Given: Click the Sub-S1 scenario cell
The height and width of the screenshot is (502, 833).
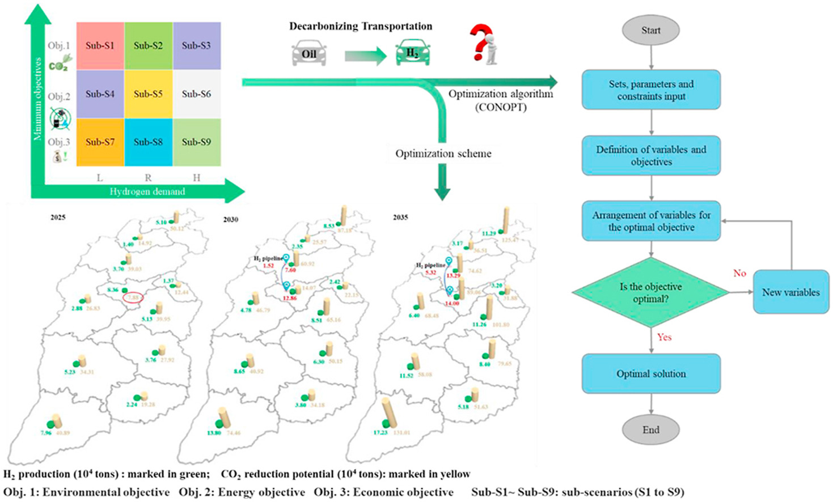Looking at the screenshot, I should (x=100, y=46).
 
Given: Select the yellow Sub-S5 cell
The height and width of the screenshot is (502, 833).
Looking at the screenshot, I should (x=148, y=94).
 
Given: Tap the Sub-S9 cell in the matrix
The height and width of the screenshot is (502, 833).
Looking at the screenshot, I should (x=196, y=142).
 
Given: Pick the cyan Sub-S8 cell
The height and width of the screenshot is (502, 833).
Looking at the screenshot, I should (x=148, y=142).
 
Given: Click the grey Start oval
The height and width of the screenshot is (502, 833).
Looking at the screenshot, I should (x=650, y=31).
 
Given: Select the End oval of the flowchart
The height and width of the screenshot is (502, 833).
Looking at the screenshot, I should (x=650, y=429).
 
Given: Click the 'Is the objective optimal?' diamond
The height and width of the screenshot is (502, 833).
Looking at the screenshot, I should (x=650, y=292).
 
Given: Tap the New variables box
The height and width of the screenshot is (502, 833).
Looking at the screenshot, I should (x=790, y=292).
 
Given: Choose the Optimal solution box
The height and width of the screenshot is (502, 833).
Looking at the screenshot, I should (x=650, y=374).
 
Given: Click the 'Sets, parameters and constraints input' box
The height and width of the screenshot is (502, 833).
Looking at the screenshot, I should (x=650, y=90).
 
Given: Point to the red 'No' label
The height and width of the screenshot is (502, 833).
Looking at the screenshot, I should (x=739, y=273).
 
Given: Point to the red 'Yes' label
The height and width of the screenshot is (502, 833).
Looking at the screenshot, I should (x=664, y=337).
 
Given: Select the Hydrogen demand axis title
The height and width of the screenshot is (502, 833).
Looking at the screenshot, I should (x=147, y=192).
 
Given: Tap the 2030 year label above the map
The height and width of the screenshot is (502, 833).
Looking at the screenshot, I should (x=230, y=219).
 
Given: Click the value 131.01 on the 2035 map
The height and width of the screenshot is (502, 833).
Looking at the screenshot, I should (x=402, y=433).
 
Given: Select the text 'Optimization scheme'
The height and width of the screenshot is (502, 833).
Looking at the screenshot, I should (x=443, y=154).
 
